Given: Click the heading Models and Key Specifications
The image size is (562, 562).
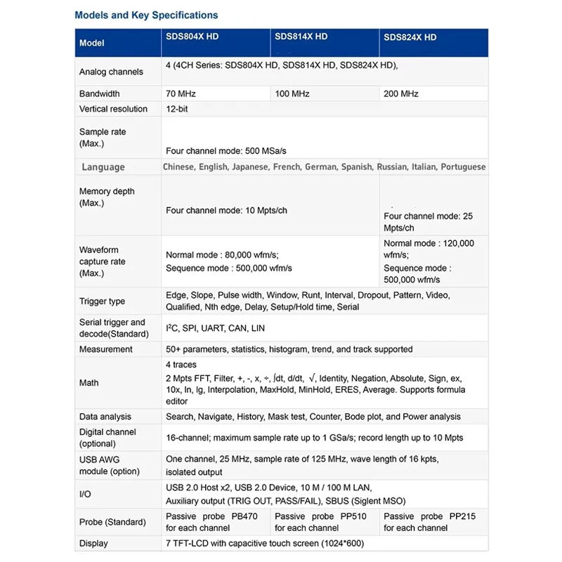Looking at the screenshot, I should point(146,15).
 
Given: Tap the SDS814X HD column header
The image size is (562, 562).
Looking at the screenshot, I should point(301,37).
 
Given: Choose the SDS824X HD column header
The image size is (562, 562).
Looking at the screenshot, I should point(410,37).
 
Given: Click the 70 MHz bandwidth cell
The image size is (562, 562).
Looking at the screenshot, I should point(181,93).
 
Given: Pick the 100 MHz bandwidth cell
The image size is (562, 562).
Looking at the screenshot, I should point(292,93).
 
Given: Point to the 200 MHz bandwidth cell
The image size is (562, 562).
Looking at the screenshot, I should point(401,93).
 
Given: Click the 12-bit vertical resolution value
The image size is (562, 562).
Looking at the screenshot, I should point(176,109).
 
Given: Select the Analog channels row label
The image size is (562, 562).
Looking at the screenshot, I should point(111,72).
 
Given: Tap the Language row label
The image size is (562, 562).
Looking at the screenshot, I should point(103,167).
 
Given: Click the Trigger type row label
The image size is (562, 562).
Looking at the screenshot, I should point(102,301).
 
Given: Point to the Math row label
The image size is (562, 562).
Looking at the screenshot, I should point(89,383).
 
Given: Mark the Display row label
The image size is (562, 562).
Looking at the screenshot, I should point(93,543).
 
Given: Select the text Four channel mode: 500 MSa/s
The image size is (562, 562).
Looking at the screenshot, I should point(226,151).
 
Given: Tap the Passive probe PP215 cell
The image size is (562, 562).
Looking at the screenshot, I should point(429,522).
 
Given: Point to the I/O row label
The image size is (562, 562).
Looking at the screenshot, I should point(85,495).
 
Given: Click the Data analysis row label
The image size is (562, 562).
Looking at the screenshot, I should point(105,417).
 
